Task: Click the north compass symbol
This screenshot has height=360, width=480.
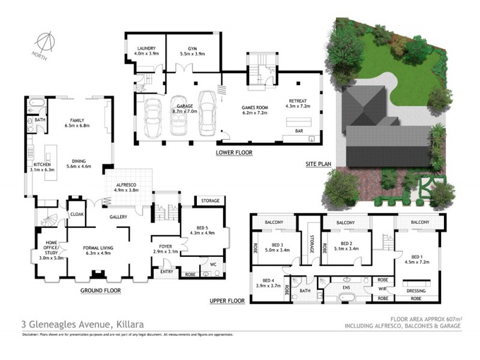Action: (x=43, y=42)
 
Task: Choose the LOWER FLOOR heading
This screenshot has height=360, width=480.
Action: (x=234, y=153)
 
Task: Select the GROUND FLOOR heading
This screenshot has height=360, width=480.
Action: (x=101, y=290)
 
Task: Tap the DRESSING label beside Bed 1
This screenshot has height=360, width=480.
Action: (x=416, y=291)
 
